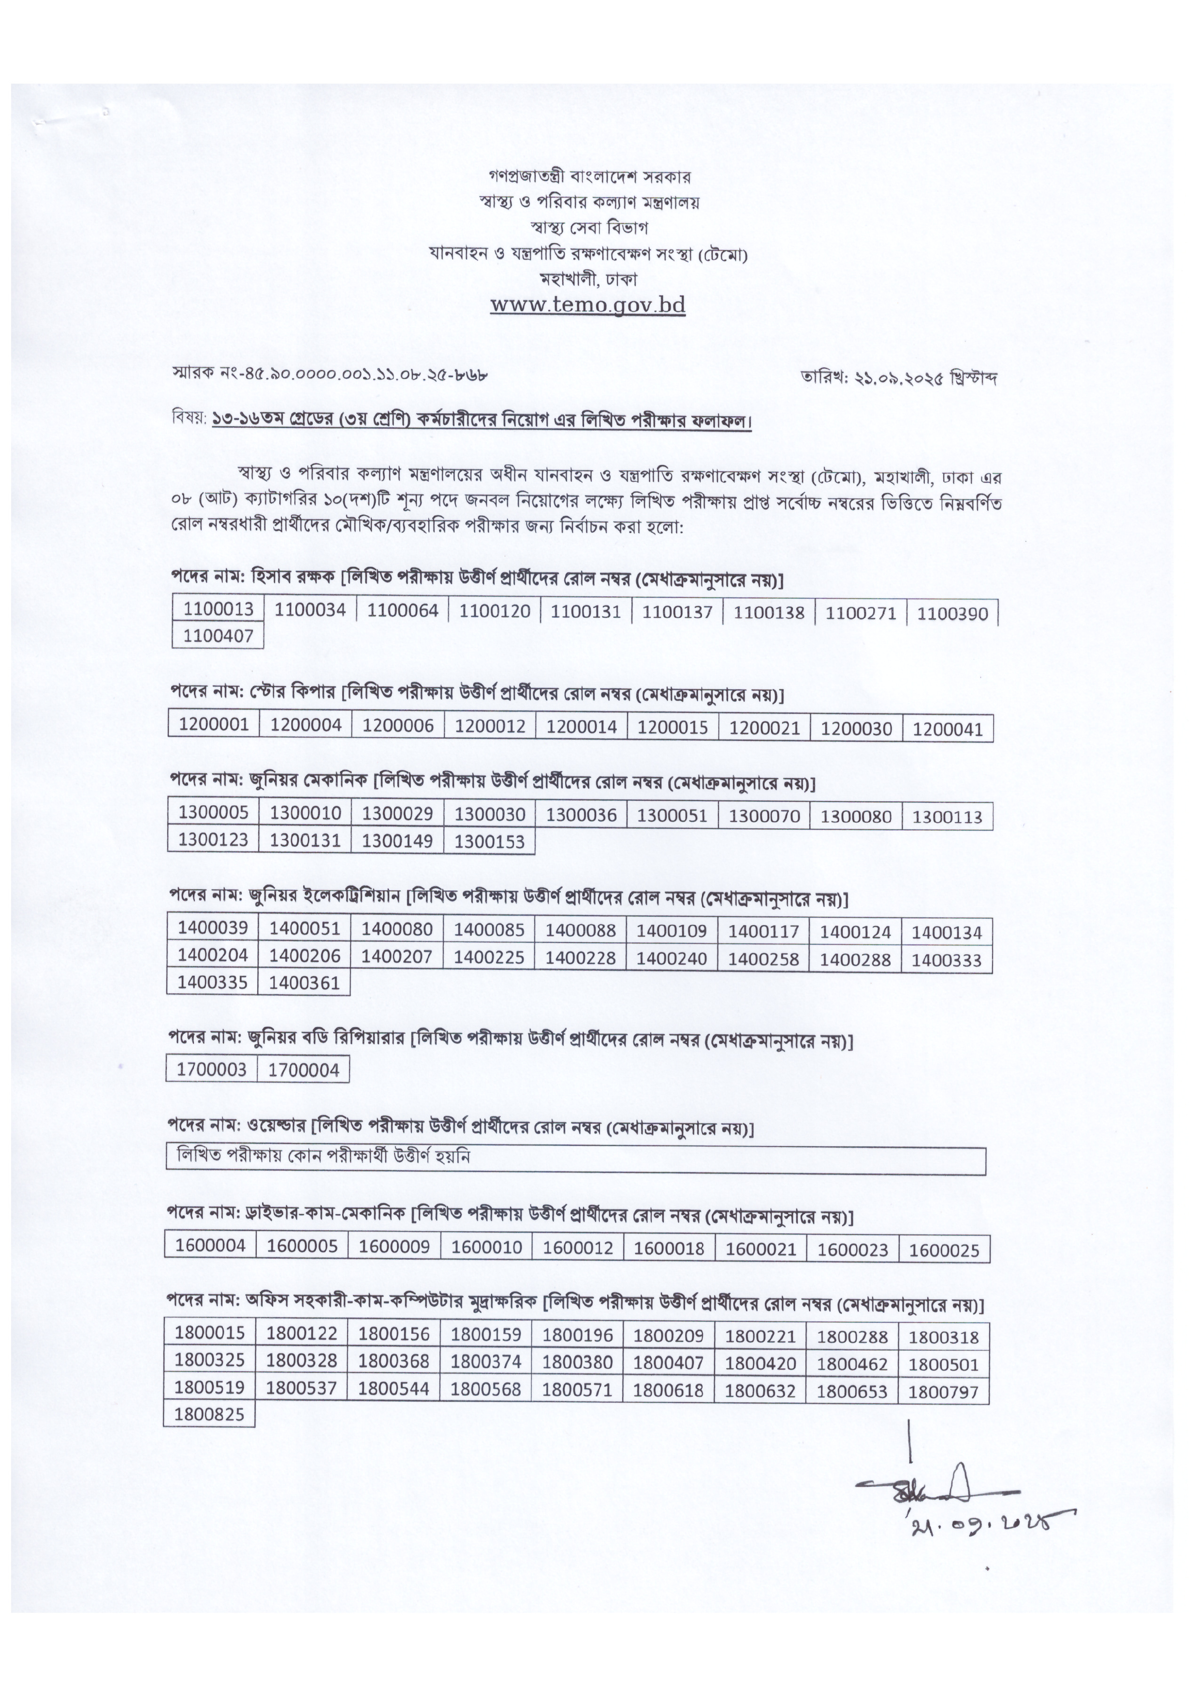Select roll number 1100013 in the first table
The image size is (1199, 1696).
219,609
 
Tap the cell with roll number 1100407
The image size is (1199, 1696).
219,635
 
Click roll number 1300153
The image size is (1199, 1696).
489,841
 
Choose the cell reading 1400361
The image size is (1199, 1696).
305,983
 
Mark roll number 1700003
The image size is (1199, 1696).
212,1070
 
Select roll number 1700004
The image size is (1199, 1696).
304,1070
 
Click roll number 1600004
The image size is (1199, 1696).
210,1246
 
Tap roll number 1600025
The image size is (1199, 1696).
944,1250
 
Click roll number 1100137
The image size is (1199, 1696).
677,611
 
